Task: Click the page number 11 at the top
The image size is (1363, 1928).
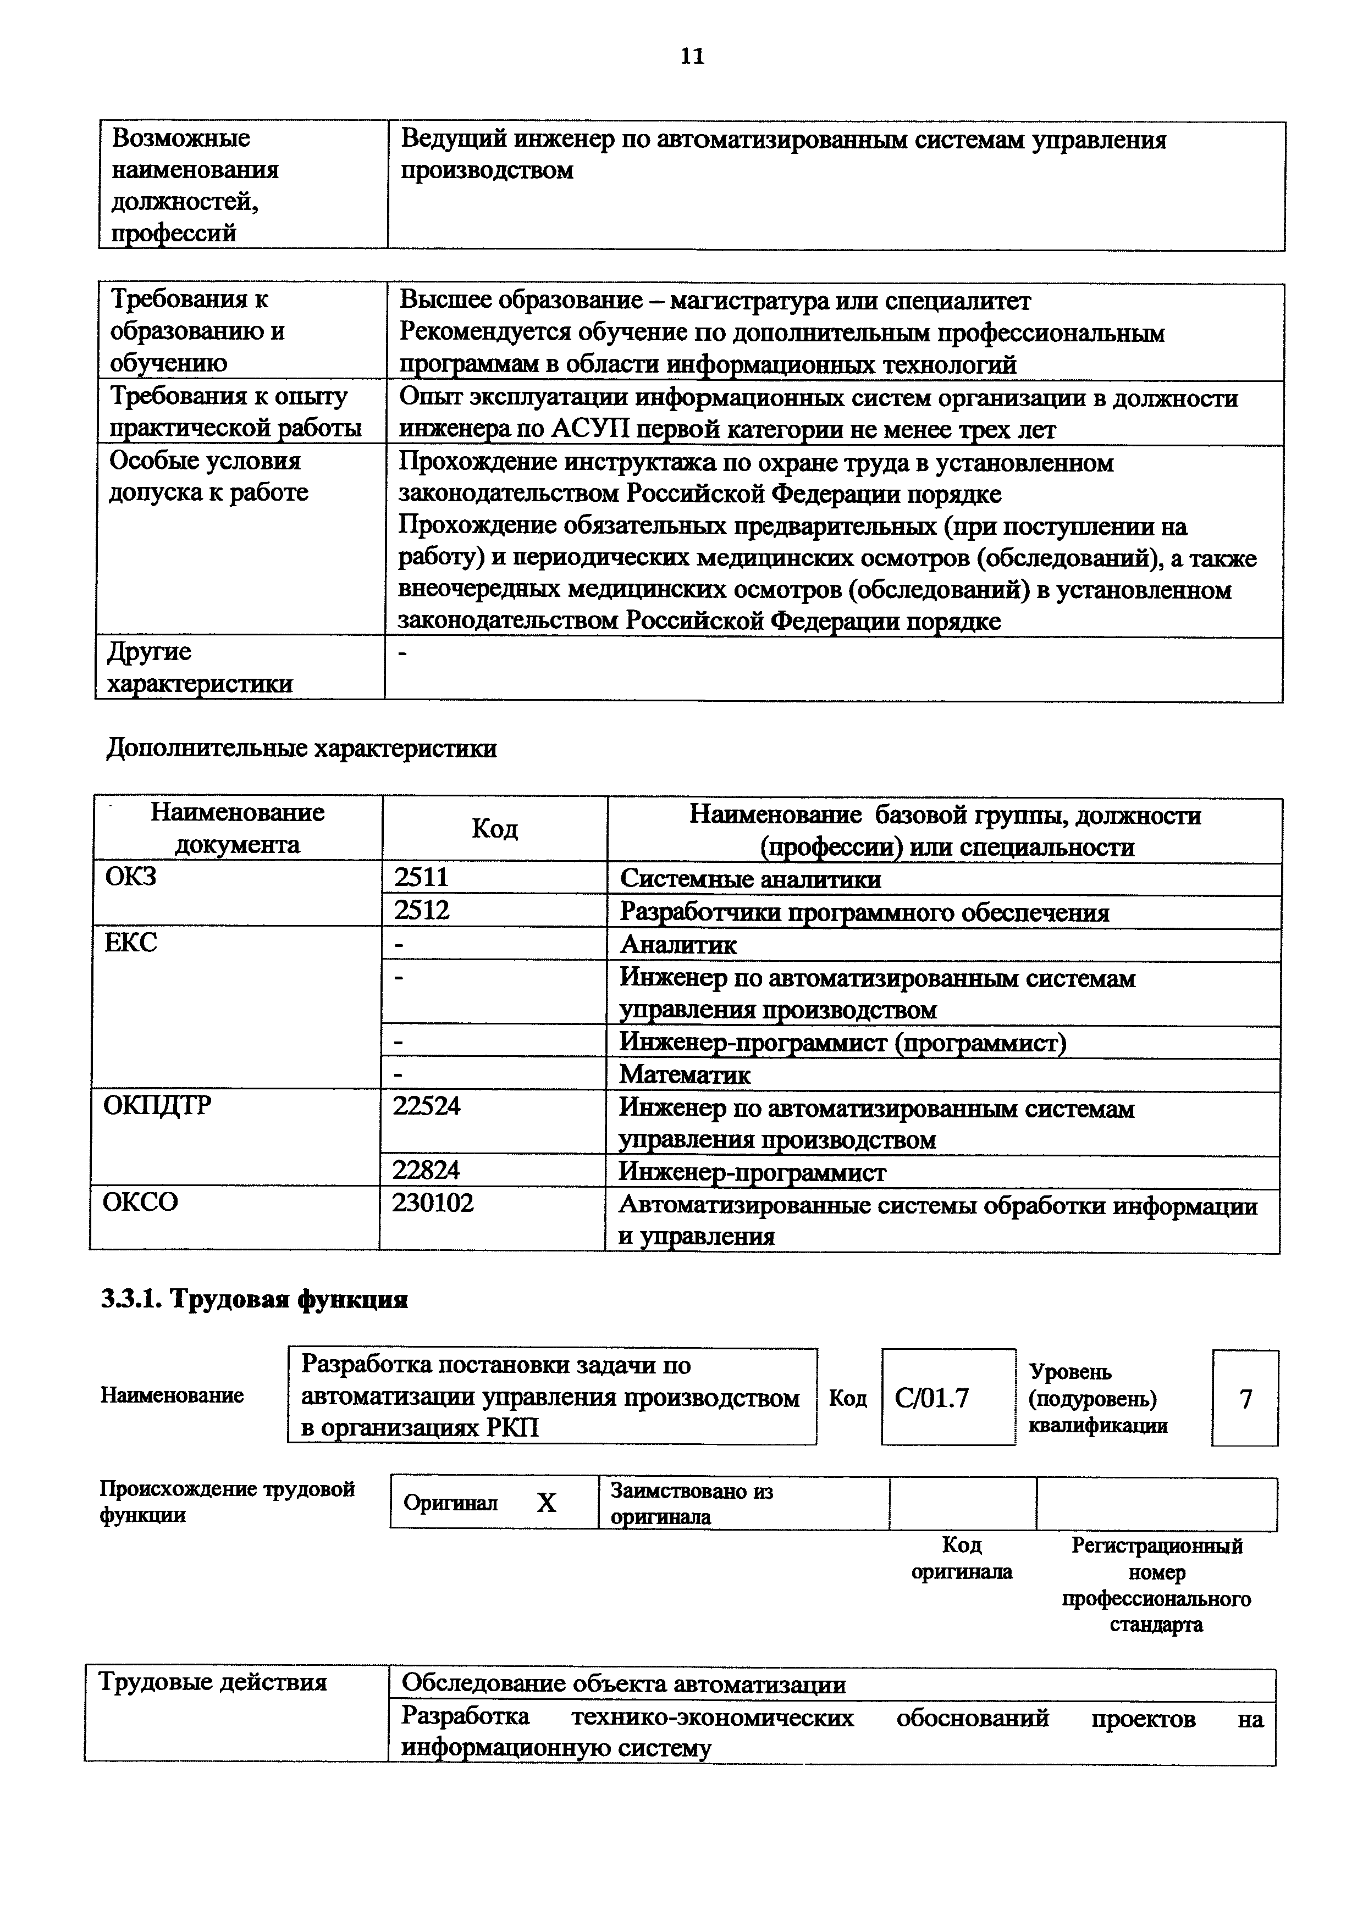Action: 692,56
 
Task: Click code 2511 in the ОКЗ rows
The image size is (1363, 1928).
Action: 422,878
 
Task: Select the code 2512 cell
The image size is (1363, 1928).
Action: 422,910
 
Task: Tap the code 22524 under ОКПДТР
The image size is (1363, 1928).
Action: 427,1106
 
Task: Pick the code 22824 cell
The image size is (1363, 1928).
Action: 427,1171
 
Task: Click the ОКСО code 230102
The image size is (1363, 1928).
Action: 433,1203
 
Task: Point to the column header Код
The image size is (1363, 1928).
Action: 495,829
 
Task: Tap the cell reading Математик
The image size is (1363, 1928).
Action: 685,1074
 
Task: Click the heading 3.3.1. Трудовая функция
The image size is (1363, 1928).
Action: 255,1299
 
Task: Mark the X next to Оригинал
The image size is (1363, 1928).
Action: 547,1502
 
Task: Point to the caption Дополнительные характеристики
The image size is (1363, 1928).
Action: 301,748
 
